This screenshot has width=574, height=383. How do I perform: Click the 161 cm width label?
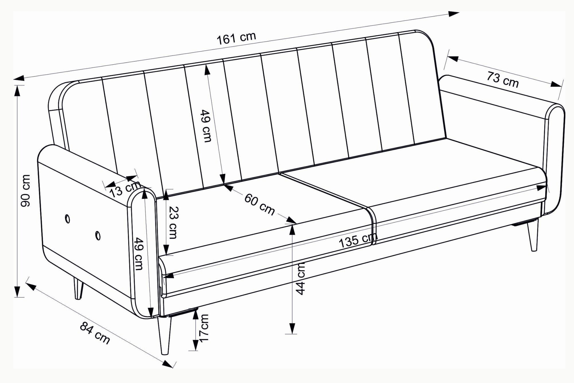click(236, 38)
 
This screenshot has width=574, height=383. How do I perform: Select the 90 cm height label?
click(25, 191)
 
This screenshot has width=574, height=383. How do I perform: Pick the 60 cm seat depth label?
click(259, 204)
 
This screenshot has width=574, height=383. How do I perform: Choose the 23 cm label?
click(172, 222)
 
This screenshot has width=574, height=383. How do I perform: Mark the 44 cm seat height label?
click(300, 279)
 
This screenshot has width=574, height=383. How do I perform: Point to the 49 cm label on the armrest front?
click(138, 253)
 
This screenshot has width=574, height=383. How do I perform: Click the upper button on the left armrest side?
click(68, 219)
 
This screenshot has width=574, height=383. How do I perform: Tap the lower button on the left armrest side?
click(98, 235)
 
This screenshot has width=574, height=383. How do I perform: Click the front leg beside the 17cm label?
click(165, 335)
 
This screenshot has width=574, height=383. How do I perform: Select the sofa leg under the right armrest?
click(532, 235)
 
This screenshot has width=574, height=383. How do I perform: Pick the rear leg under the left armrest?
click(78, 288)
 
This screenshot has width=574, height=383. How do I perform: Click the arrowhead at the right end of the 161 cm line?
click(454, 14)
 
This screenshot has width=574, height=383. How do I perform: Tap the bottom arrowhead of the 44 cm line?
click(292, 328)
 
